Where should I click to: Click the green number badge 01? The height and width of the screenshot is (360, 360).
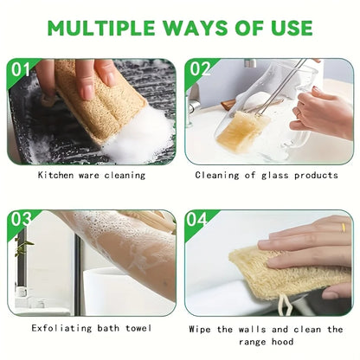21,68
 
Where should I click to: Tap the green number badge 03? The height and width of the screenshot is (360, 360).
20,220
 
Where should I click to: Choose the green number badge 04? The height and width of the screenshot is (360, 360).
197,220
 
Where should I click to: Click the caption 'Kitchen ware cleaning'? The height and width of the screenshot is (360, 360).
92,175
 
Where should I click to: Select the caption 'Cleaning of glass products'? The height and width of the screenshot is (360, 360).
267,175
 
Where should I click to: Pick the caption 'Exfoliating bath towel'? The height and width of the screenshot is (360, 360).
92,328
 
